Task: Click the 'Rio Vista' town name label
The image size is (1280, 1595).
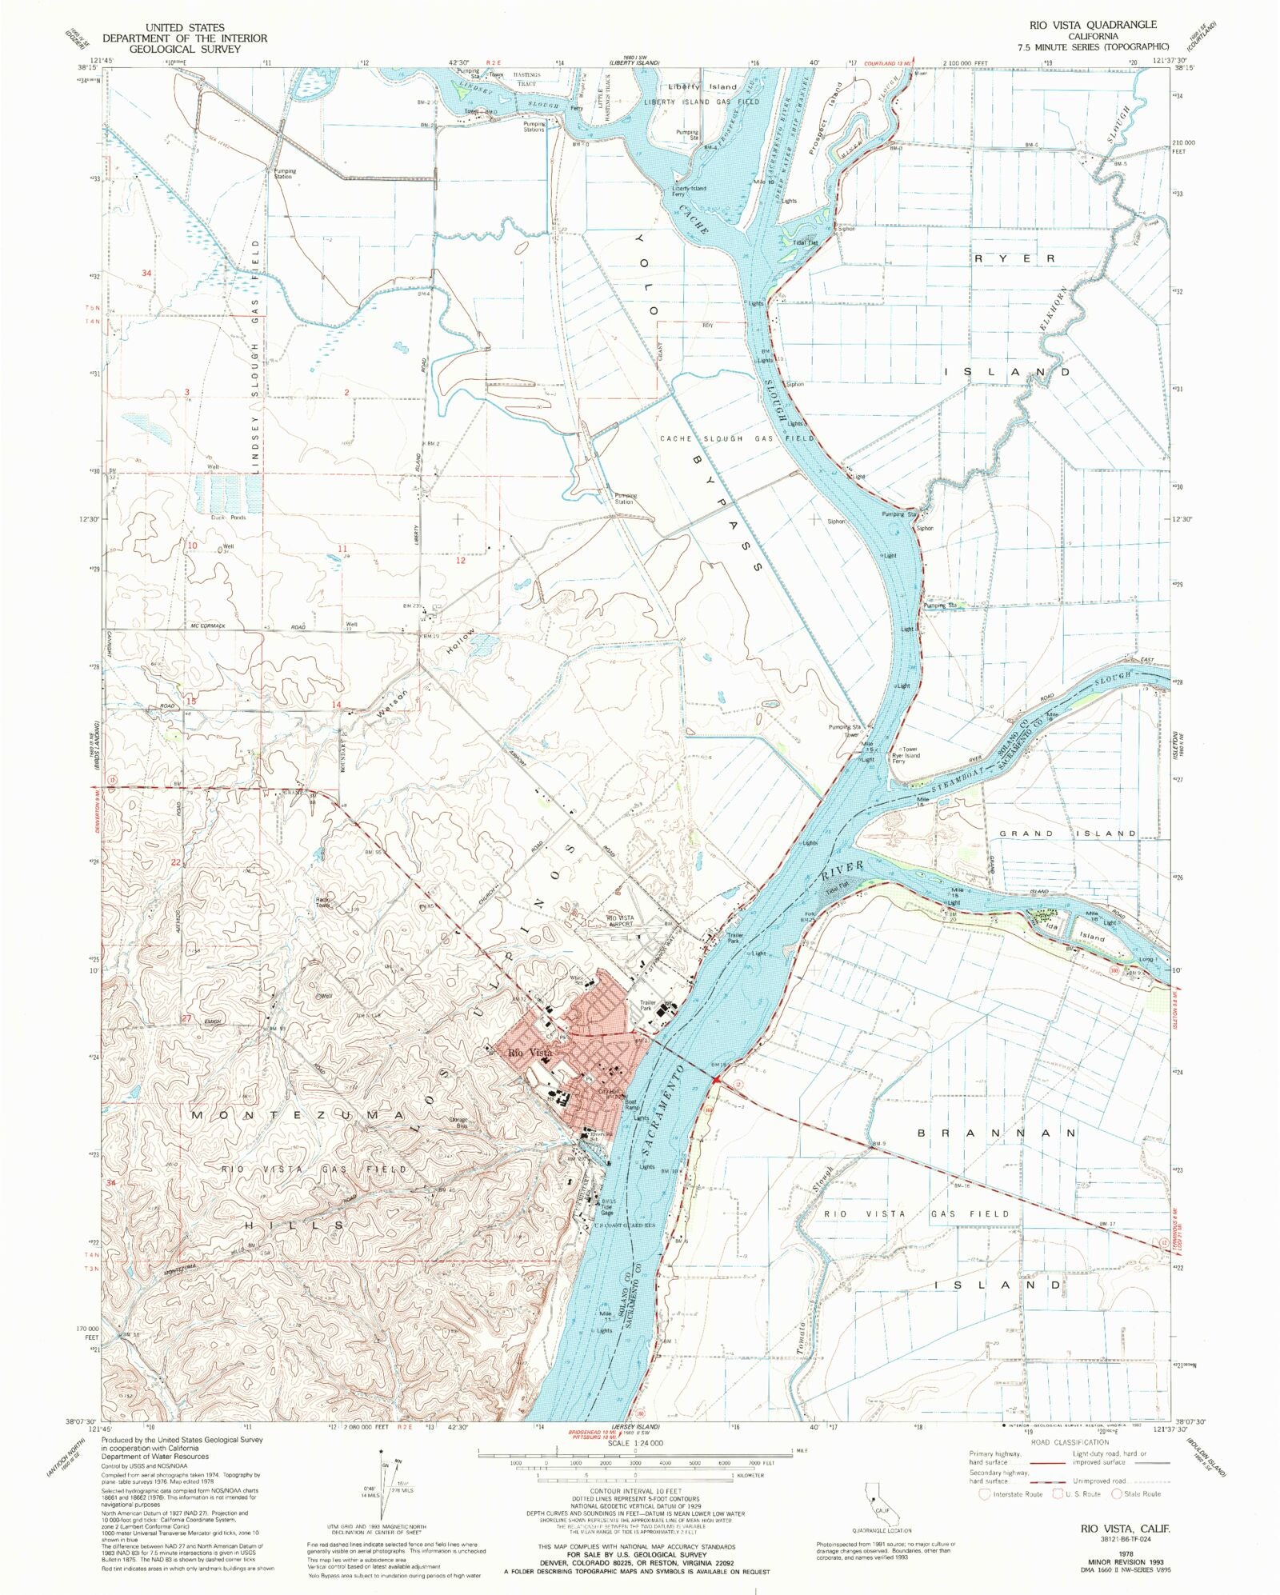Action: [530, 1053]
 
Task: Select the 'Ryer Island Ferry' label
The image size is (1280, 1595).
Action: [906, 758]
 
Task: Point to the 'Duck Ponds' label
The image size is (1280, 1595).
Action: [226, 518]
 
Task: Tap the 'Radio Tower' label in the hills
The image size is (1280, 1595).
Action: [323, 902]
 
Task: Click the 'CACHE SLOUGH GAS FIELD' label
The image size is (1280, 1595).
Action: [737, 438]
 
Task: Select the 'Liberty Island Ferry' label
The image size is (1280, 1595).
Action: [689, 191]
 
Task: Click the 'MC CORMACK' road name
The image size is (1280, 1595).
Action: [208, 626]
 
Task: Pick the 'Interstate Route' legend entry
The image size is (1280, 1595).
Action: [1014, 1494]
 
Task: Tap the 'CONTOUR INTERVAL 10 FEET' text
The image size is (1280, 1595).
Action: [635, 1491]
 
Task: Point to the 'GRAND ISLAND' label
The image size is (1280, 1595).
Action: [1067, 833]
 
